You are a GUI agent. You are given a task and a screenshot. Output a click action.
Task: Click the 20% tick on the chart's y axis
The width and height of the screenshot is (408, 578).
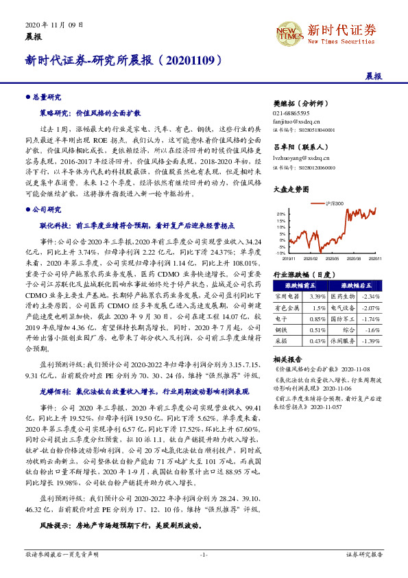281,214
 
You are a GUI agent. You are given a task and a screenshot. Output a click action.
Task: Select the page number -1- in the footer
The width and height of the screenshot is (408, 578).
204,553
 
